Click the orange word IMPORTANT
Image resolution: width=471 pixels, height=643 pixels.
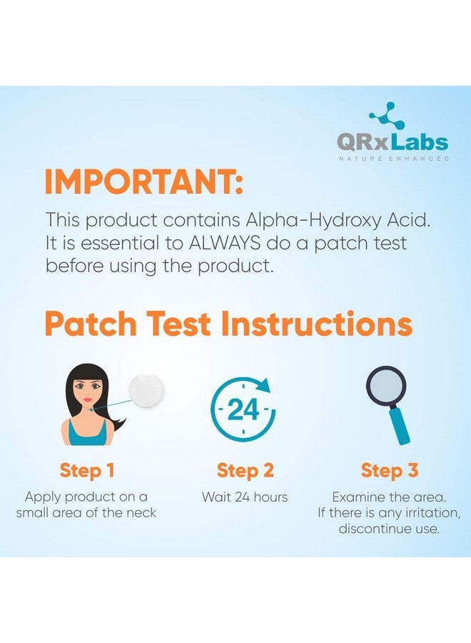click(143, 182)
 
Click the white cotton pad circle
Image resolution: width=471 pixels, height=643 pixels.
click(146, 390)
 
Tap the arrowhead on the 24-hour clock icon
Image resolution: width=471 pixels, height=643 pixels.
click(265, 386)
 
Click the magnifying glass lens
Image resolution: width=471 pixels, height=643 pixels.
click(386, 389)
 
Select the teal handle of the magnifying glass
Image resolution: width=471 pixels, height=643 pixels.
click(400, 428)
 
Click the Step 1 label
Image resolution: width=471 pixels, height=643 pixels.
click(87, 470)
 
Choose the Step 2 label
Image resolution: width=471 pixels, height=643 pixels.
click(245, 470)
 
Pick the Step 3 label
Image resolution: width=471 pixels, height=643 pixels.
click(390, 470)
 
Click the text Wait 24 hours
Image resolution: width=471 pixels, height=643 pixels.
click(245, 497)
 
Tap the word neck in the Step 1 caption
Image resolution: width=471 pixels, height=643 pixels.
click(141, 512)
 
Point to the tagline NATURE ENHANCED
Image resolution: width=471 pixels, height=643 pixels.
click(394, 159)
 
